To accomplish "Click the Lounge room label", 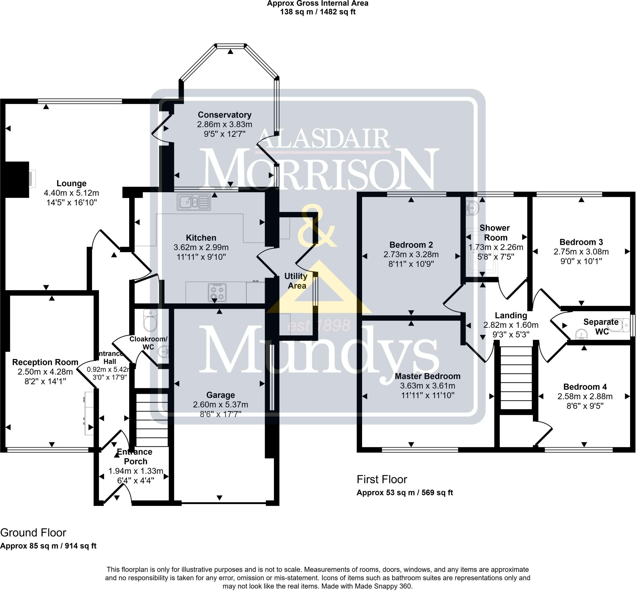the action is [71, 183].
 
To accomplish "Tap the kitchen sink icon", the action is [194, 202].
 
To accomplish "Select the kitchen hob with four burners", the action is [217, 292].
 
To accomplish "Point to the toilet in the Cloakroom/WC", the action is [150, 320].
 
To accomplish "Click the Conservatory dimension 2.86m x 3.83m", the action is [225, 125].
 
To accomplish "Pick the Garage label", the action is [220, 395].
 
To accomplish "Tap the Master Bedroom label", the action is [428, 376].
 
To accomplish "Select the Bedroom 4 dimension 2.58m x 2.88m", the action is [585, 397].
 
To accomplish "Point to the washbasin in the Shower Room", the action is [472, 208].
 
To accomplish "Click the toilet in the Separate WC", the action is [619, 325].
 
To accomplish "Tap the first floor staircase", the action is [516, 378].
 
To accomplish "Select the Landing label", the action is [511, 315].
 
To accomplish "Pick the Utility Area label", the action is [296, 281].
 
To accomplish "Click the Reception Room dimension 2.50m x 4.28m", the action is [45, 372].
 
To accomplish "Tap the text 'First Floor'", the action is [382, 480].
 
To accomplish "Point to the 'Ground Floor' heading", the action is [33, 533].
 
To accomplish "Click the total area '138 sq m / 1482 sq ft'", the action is [318, 12].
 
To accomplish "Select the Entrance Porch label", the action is [134, 456].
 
